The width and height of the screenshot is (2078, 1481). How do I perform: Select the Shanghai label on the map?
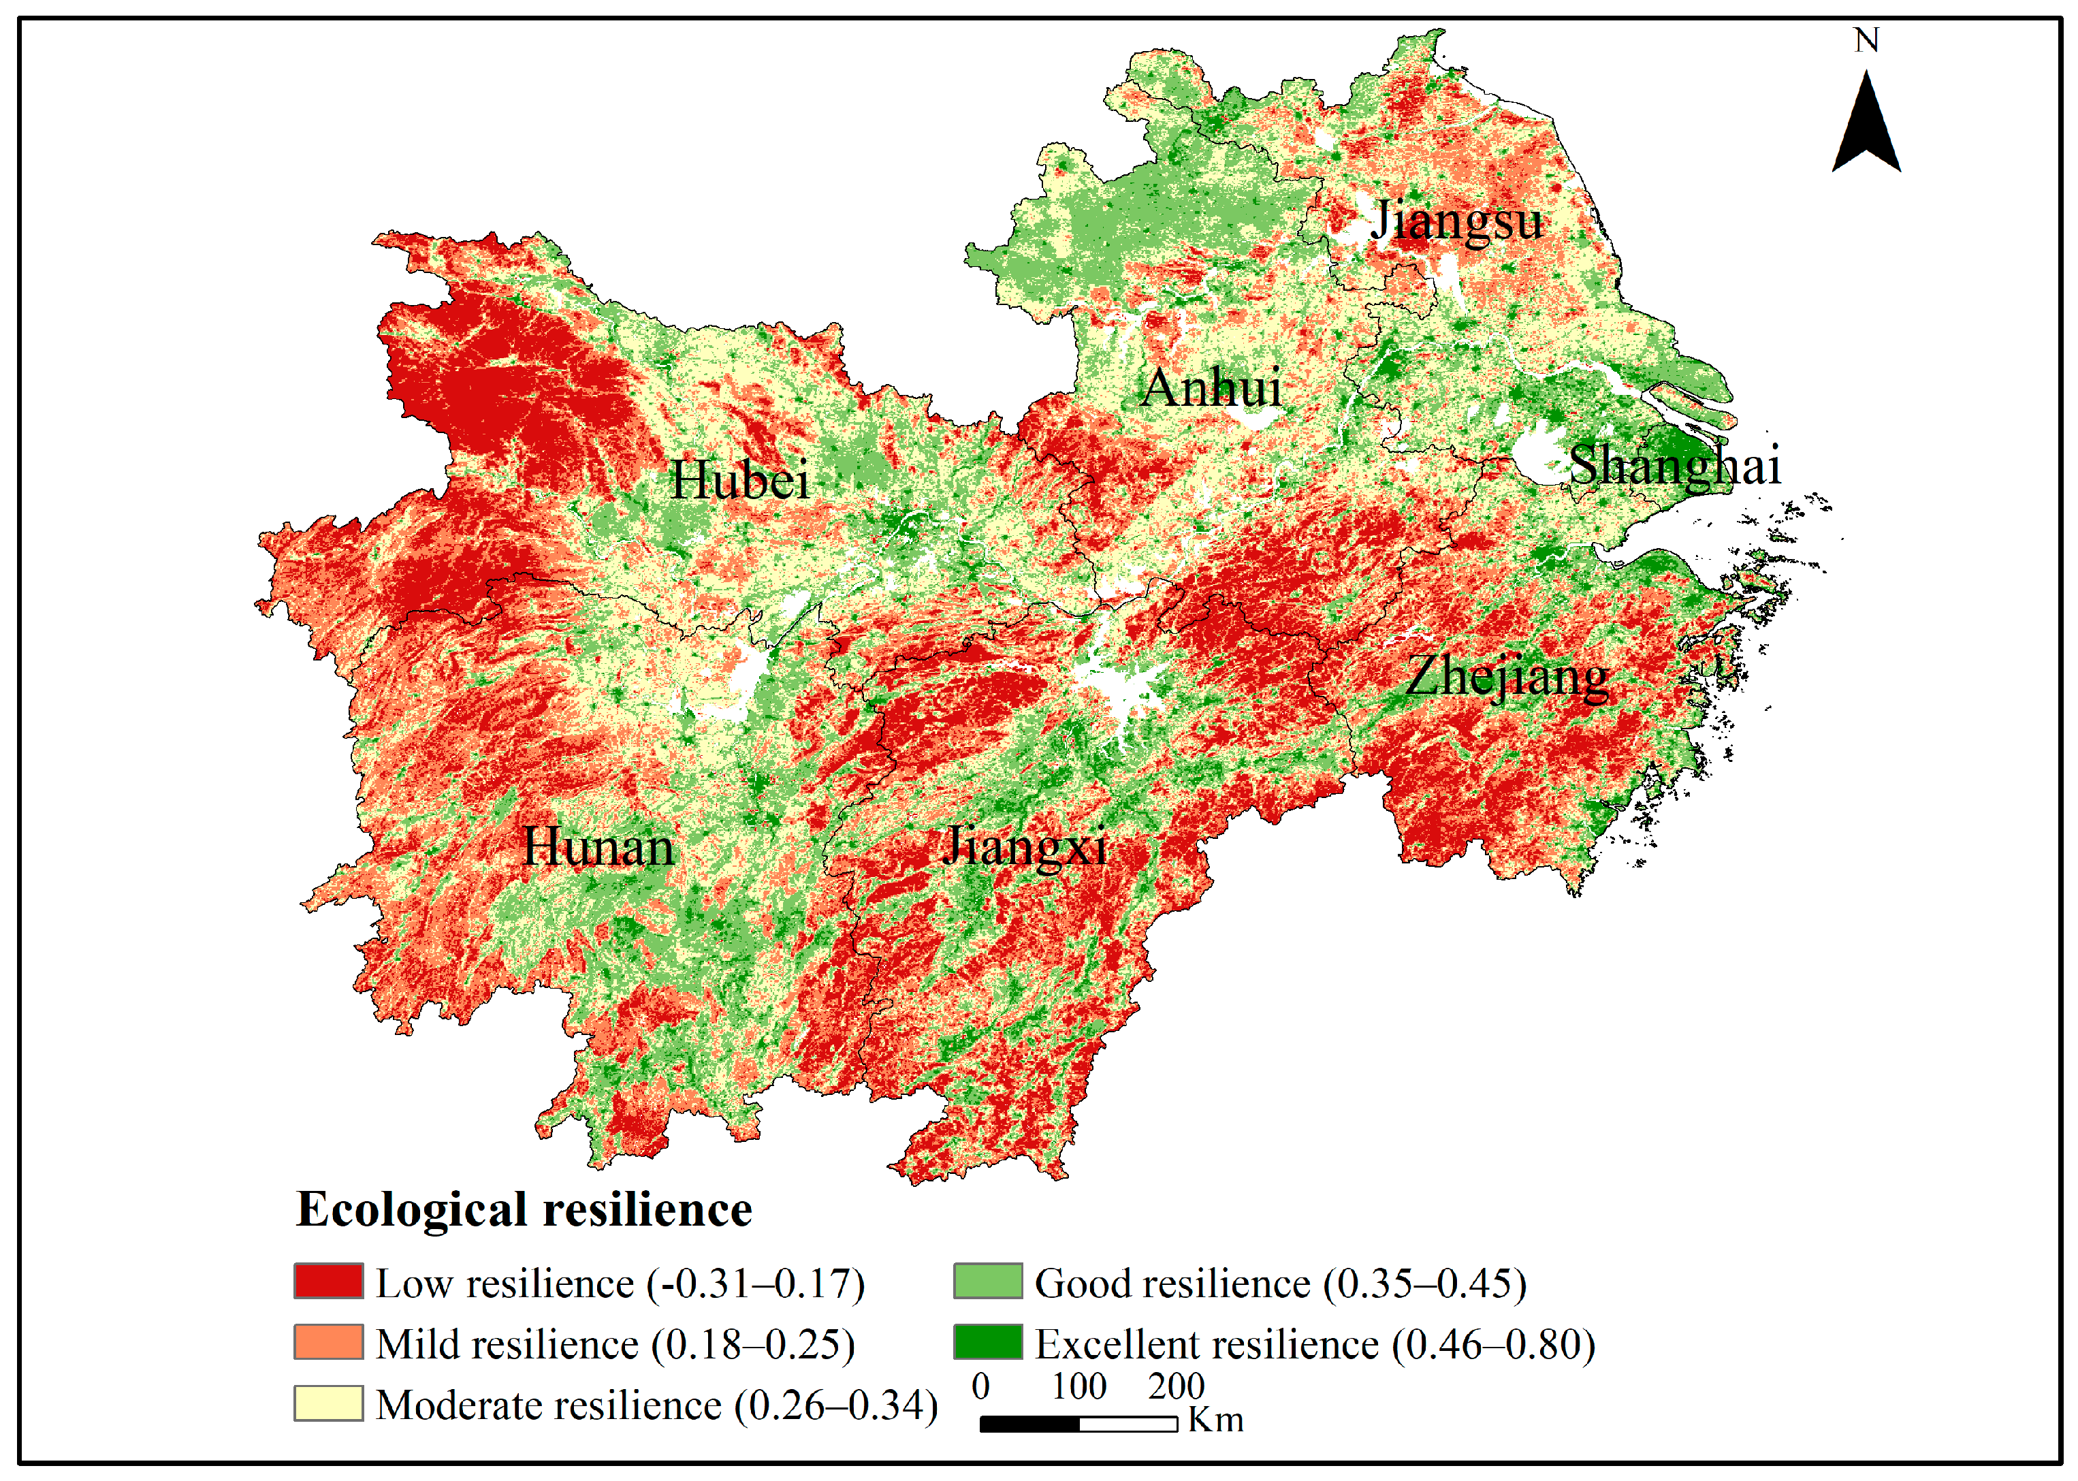pyautogui.click(x=1674, y=466)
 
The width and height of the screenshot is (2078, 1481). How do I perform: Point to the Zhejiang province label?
pyautogui.click(x=1506, y=678)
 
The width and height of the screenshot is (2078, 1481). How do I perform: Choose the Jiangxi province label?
pyautogui.click(x=1024, y=846)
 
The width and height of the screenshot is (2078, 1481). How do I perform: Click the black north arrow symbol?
pyautogui.click(x=1866, y=128)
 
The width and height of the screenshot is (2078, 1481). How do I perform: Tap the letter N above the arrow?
pyautogui.click(x=1866, y=40)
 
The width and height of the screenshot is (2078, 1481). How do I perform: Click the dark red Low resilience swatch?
pyautogui.click(x=328, y=1281)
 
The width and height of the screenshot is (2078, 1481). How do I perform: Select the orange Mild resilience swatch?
pyautogui.click(x=328, y=1342)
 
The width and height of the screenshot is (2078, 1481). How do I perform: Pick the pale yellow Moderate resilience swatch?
pyautogui.click(x=328, y=1403)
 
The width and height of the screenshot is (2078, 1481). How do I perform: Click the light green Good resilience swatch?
pyautogui.click(x=987, y=1281)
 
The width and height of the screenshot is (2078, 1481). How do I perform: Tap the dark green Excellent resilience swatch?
pyautogui.click(x=987, y=1342)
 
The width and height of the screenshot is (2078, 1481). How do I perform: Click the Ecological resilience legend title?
pyautogui.click(x=524, y=1210)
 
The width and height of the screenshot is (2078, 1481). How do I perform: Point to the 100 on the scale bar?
pyautogui.click(x=1078, y=1387)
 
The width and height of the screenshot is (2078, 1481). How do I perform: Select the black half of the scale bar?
pyautogui.click(x=1029, y=1424)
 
